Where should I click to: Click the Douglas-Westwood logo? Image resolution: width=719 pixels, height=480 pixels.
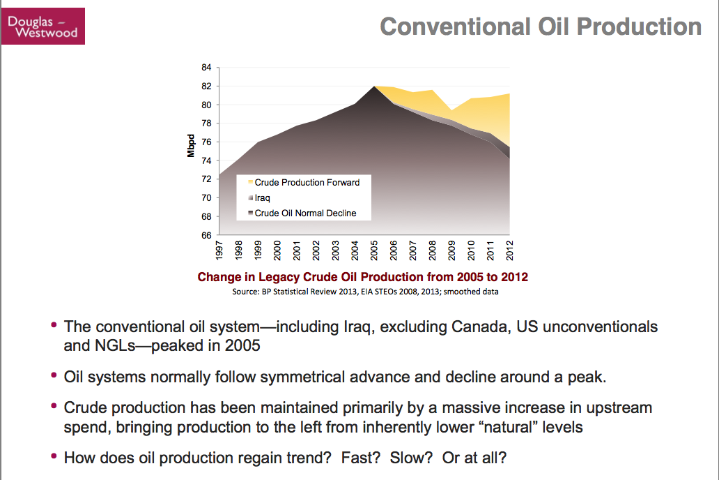click(x=43, y=27)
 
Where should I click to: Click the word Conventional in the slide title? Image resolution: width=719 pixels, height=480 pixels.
click(x=456, y=27)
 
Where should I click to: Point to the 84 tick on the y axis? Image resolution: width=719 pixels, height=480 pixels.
click(x=206, y=68)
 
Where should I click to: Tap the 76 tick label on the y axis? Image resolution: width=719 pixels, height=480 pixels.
click(x=206, y=142)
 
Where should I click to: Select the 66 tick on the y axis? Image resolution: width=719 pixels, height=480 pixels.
click(x=206, y=235)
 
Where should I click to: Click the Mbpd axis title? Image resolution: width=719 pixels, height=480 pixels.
click(x=191, y=146)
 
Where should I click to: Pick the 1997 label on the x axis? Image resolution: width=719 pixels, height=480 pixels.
click(x=219, y=250)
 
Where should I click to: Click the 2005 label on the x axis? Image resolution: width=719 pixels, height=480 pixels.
click(x=374, y=250)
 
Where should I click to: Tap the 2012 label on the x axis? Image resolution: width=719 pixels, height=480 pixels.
click(x=509, y=250)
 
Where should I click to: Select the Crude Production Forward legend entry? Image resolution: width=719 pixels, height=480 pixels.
click(x=304, y=182)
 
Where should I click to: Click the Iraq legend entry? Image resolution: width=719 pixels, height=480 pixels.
click(x=259, y=198)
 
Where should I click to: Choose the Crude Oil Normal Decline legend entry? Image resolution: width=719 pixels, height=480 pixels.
click(x=302, y=213)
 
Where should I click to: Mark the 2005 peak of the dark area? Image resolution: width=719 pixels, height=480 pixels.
click(x=375, y=87)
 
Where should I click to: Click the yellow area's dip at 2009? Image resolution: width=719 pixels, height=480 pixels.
click(x=451, y=110)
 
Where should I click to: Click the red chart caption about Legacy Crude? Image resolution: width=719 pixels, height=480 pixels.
click(x=363, y=277)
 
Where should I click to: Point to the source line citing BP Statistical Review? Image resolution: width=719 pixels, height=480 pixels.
click(x=365, y=292)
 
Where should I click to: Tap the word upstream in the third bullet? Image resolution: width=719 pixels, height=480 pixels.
click(x=619, y=408)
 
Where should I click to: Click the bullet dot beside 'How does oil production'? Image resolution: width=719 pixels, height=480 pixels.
click(x=54, y=456)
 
